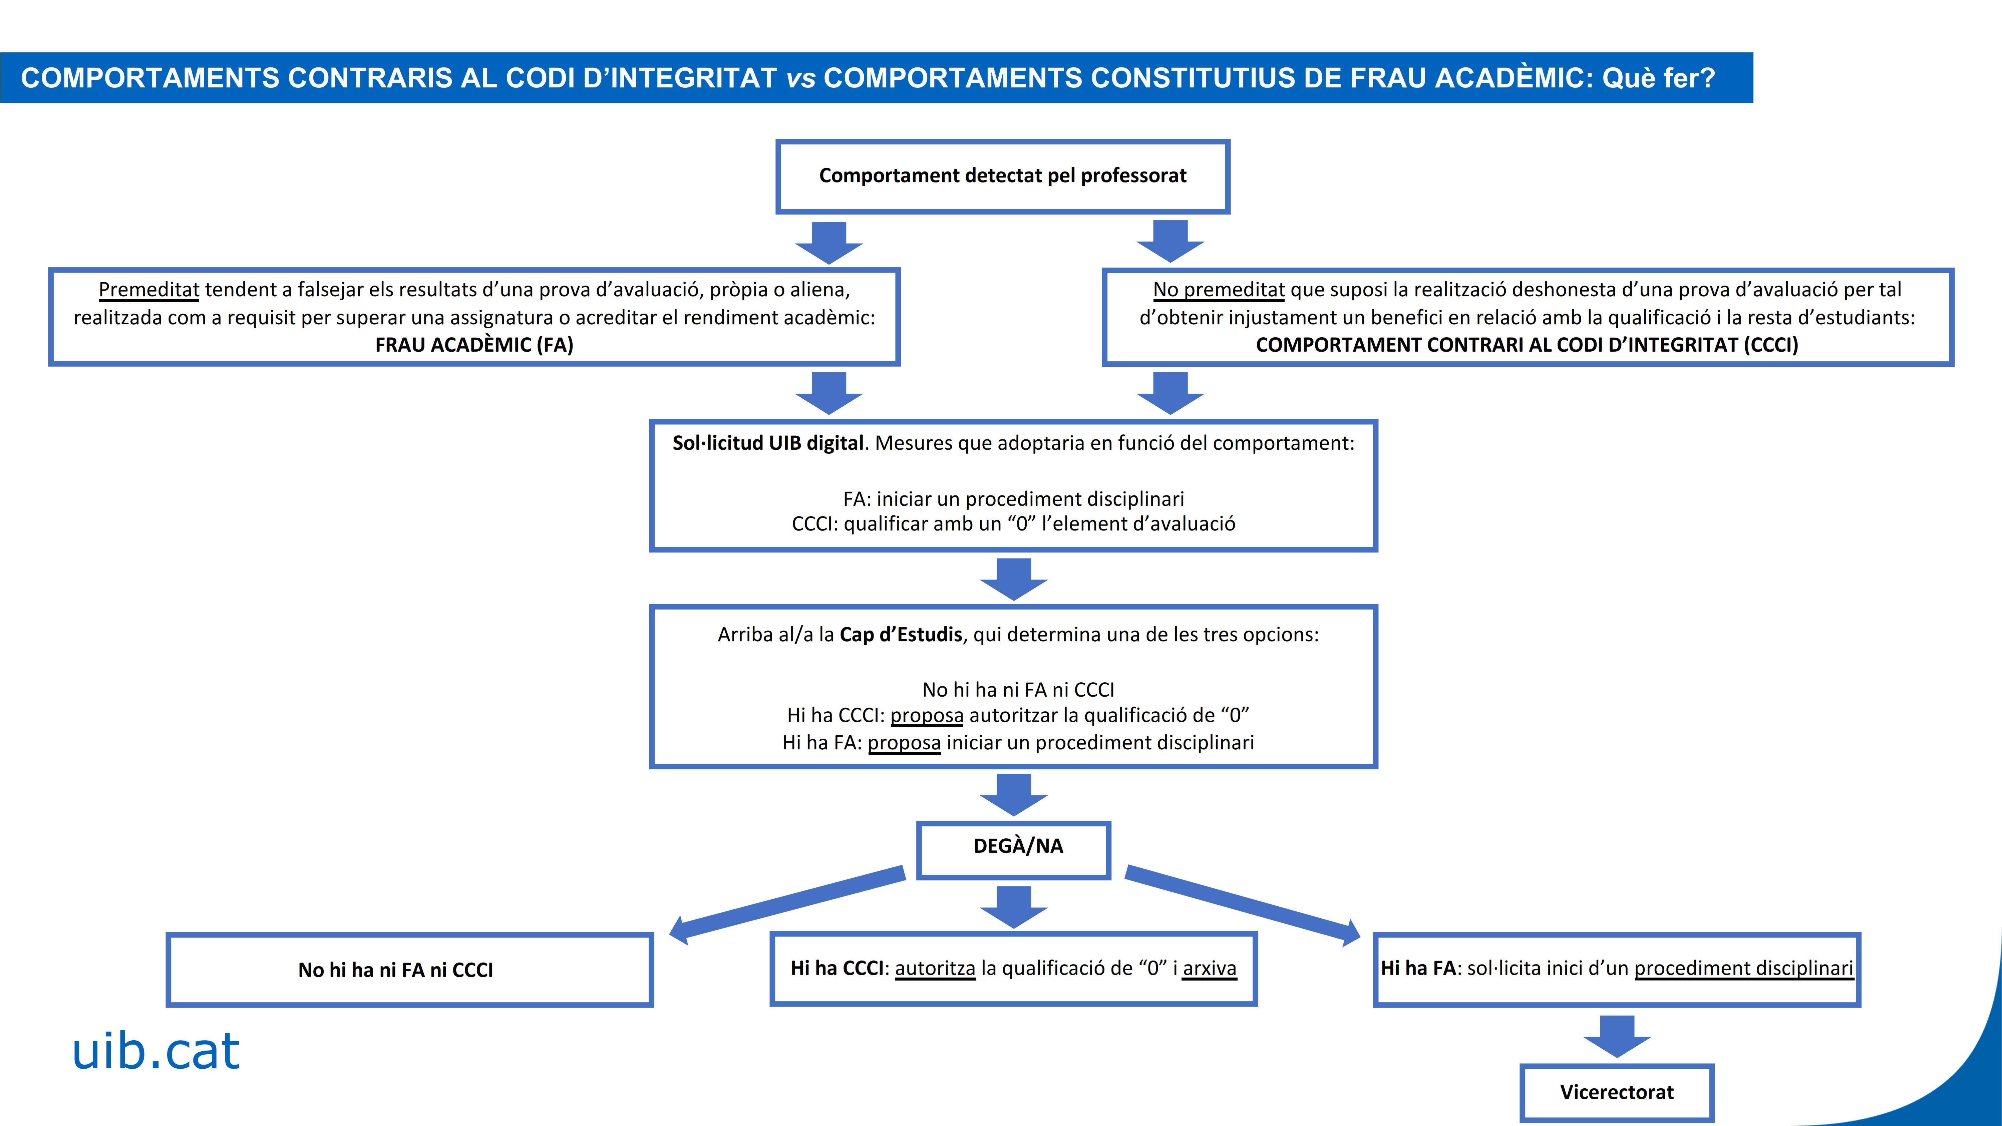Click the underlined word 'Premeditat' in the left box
pos(149,290)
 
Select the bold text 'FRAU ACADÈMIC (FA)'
pos(474,345)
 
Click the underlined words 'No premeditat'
pos(1219,290)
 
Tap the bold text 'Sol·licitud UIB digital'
pos(768,443)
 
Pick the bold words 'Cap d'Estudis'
pos(901,635)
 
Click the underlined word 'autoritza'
pos(935,968)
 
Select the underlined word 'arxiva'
pos(1209,968)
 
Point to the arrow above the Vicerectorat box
pos(1617,1036)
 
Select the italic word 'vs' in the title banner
pos(800,78)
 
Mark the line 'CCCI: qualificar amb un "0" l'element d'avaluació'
pos(1013,524)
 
